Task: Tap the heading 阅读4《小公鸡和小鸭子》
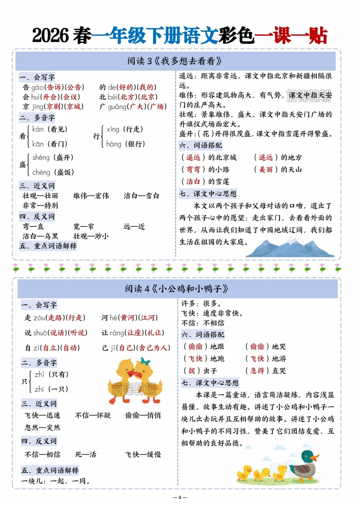coord(177,289)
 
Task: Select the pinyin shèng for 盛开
coord(41,157)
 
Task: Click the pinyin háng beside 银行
coord(114,144)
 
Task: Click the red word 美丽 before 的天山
coord(266,169)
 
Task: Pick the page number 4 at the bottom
coord(180,497)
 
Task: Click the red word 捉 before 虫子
coord(191,371)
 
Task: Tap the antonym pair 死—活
coord(86,454)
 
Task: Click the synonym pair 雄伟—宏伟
coord(91,196)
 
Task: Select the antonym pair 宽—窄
coord(84,226)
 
